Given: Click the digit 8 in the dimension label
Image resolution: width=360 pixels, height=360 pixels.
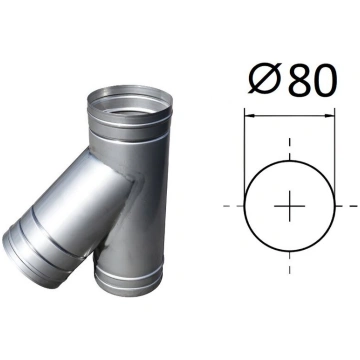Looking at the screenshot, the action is click(298, 79).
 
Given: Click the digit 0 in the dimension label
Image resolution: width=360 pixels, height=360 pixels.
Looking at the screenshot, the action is click(323, 79).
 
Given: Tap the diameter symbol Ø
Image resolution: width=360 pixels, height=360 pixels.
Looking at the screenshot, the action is click(265, 79).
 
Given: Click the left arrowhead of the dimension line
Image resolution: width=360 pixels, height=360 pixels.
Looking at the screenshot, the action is click(250, 116).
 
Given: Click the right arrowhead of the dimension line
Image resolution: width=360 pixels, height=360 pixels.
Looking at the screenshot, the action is click(330, 116).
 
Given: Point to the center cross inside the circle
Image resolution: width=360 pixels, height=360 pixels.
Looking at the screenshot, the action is click(289, 206).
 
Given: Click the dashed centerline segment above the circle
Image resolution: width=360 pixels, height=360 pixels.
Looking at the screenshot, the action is click(289, 149).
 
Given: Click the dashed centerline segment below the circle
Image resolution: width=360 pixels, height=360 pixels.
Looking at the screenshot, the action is click(289, 263).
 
